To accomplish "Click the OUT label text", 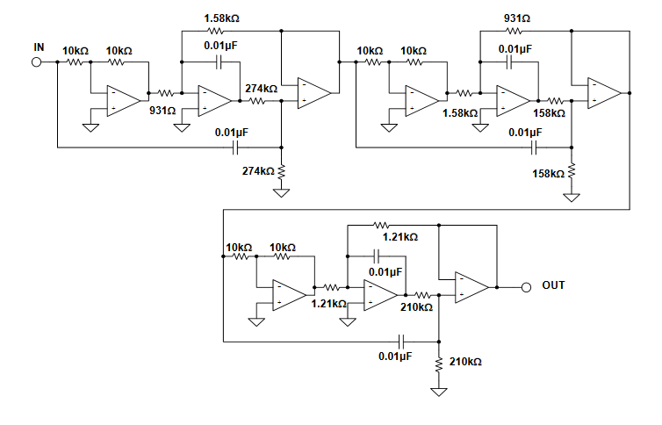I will point(553,285).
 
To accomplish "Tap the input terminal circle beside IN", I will point(37,62).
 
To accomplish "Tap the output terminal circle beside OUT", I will point(526,286).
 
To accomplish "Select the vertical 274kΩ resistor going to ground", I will point(282,171).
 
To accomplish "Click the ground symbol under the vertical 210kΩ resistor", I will point(439,390).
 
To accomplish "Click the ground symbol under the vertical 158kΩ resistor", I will point(572,197).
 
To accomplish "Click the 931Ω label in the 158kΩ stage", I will point(516,18).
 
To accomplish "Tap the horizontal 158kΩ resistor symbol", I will point(554,100).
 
